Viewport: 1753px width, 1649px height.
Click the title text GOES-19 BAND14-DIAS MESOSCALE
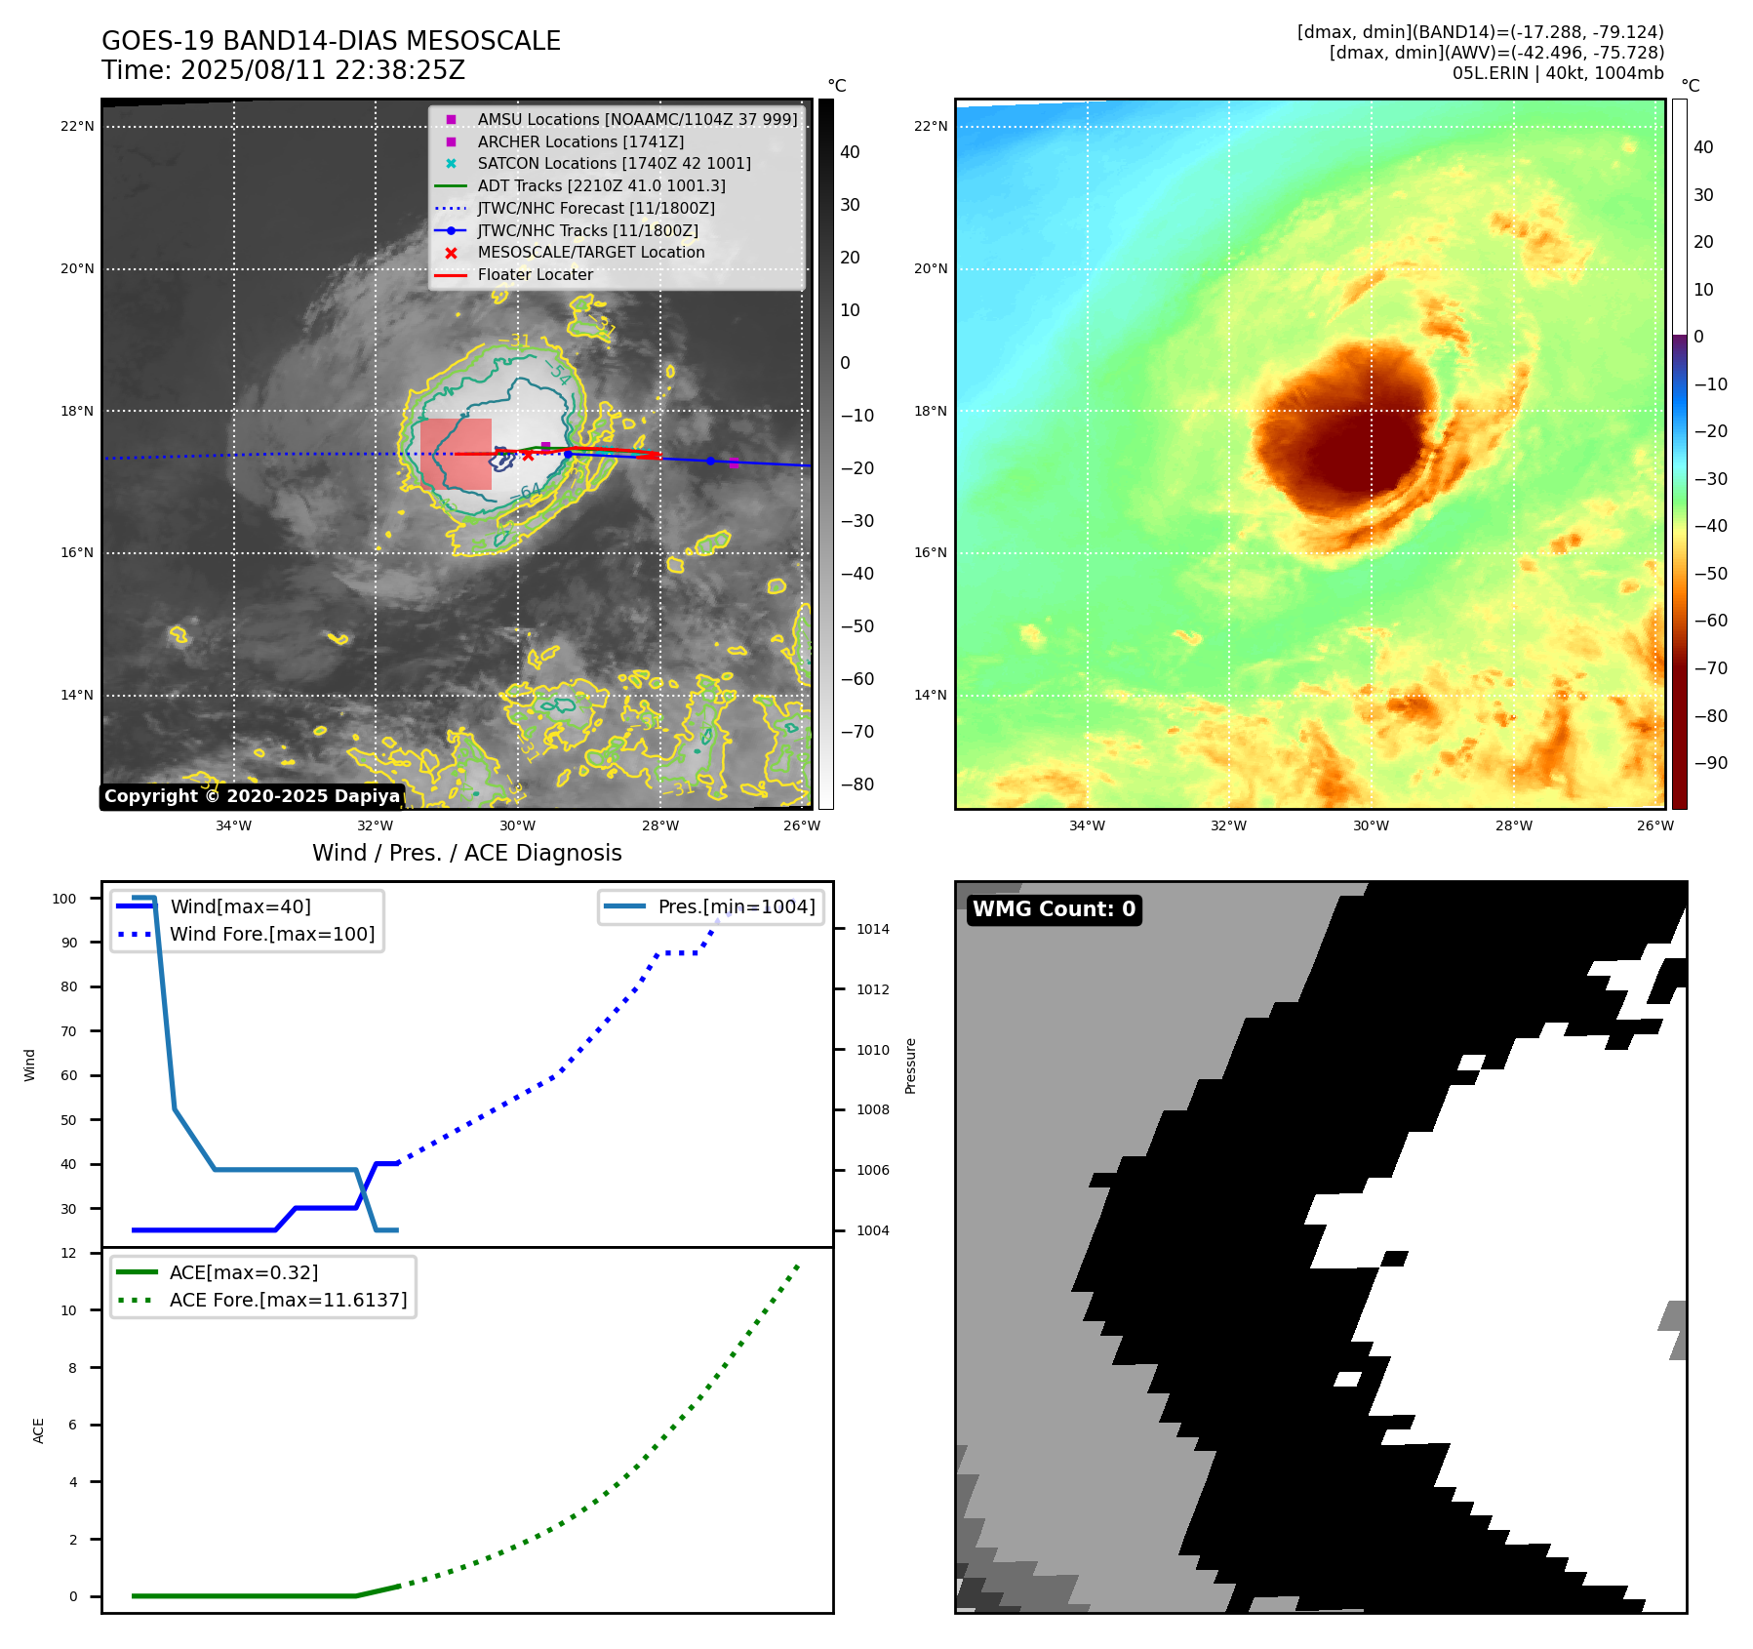click(x=331, y=41)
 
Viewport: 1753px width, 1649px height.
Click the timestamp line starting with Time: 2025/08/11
click(x=283, y=70)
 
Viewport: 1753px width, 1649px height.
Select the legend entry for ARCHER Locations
click(x=580, y=141)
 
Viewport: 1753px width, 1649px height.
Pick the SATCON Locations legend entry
click(x=614, y=163)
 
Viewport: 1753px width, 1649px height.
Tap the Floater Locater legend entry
click(x=535, y=274)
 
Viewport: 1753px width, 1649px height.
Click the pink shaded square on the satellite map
click(x=456, y=454)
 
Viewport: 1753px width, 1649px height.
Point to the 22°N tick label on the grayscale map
click(x=77, y=126)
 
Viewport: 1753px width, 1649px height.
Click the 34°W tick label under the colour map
click(x=1087, y=825)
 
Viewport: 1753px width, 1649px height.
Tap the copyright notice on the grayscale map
click(x=252, y=796)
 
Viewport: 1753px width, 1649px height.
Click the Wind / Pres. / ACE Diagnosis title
click(x=466, y=853)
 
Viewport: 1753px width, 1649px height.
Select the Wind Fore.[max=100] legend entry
click(x=272, y=934)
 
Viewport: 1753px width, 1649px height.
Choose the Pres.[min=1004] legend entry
click(x=736, y=906)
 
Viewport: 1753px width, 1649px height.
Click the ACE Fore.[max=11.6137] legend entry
click(x=288, y=1300)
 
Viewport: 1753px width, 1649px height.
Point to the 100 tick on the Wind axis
click(x=64, y=899)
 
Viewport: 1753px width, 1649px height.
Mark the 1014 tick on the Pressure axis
click(x=872, y=929)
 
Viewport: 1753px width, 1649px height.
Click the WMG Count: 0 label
click(x=1054, y=909)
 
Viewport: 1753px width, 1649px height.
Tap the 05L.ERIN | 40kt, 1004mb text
click(x=1557, y=73)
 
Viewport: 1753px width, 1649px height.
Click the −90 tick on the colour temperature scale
click(x=1710, y=763)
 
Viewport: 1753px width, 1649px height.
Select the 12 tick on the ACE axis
click(x=68, y=1253)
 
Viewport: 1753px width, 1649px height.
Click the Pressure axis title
click(x=910, y=1066)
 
